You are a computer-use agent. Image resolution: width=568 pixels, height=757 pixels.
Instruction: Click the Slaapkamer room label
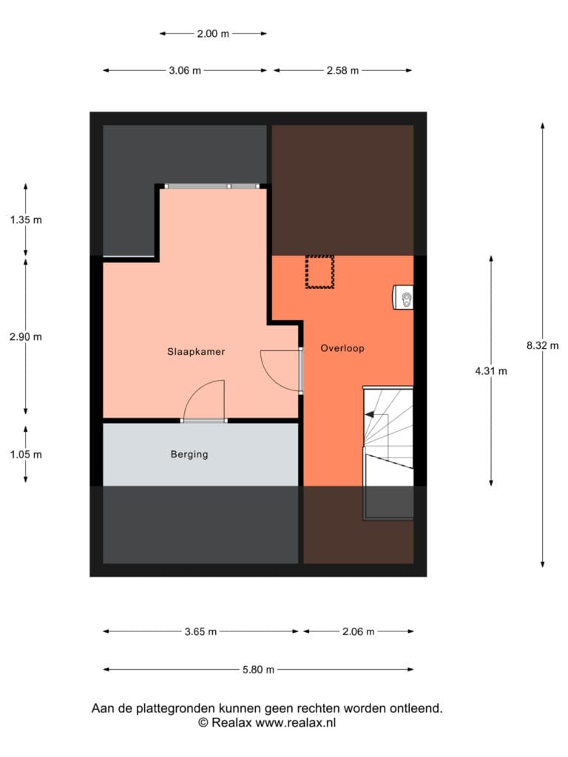pyautogui.click(x=196, y=351)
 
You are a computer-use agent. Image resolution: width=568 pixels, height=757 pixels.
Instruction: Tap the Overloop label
pyautogui.click(x=342, y=348)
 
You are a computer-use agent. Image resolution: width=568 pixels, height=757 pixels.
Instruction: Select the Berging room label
pyautogui.click(x=189, y=455)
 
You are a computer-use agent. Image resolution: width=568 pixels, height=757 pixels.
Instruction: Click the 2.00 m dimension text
pyautogui.click(x=213, y=34)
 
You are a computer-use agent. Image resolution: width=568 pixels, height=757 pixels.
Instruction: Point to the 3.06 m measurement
pyautogui.click(x=185, y=70)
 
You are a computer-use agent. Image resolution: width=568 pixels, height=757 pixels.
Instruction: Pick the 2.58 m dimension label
pyautogui.click(x=343, y=70)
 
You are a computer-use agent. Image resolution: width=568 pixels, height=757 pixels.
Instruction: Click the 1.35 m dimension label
pyautogui.click(x=26, y=220)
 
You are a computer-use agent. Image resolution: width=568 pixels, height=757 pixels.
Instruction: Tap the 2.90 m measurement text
pyautogui.click(x=26, y=337)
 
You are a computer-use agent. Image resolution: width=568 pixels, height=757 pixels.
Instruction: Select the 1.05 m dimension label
pyautogui.click(x=26, y=455)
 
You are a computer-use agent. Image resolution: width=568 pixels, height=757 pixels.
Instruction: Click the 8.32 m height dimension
pyautogui.click(x=543, y=346)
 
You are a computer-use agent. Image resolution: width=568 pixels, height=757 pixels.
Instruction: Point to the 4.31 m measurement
pyautogui.click(x=491, y=371)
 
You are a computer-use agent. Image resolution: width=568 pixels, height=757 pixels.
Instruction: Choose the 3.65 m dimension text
pyautogui.click(x=201, y=631)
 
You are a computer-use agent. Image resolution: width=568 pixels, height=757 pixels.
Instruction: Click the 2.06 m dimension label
pyautogui.click(x=359, y=631)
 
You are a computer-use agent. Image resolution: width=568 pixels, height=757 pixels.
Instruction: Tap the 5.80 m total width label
pyautogui.click(x=258, y=670)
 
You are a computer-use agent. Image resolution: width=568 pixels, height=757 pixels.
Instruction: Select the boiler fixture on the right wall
pyautogui.click(x=404, y=297)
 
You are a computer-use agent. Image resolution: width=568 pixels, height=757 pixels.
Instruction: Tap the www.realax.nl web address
pyautogui.click(x=296, y=723)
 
